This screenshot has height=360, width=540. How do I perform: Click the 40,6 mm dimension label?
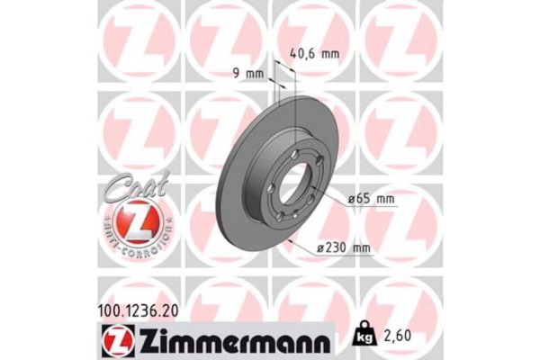315,53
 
